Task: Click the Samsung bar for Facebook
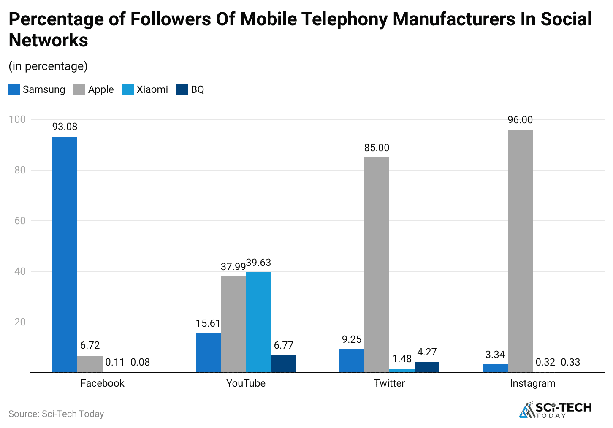click(x=65, y=255)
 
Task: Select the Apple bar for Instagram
click(x=520, y=251)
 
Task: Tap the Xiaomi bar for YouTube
click(x=258, y=322)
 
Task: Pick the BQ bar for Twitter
click(x=427, y=367)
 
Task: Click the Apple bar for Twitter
click(x=377, y=265)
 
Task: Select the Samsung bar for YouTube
click(x=208, y=352)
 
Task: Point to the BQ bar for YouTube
click(x=284, y=364)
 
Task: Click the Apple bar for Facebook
click(x=90, y=364)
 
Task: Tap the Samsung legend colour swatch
click(x=14, y=89)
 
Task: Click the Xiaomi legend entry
click(x=145, y=89)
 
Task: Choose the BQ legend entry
click(x=190, y=89)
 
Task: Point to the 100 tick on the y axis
click(x=17, y=119)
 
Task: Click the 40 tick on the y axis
click(x=20, y=271)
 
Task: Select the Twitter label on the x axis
click(x=389, y=383)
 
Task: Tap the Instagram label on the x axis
click(x=532, y=383)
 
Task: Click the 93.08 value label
click(x=65, y=127)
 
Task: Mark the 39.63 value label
click(x=258, y=263)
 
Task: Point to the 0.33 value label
click(x=570, y=362)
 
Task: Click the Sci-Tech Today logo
click(x=556, y=409)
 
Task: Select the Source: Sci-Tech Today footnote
click(x=56, y=414)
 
